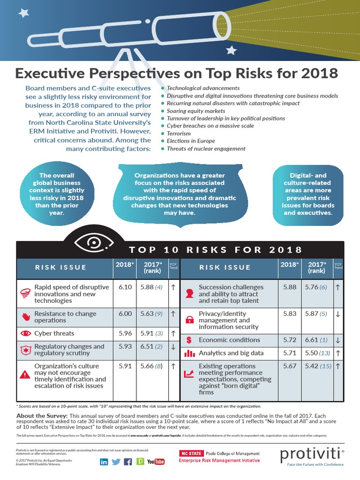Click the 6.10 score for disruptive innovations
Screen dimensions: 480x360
click(125, 287)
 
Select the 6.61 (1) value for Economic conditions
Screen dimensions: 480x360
click(317, 340)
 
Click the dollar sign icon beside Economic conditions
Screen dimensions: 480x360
click(189, 340)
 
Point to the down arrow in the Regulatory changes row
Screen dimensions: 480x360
click(173, 347)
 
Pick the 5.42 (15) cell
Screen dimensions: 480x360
click(317, 366)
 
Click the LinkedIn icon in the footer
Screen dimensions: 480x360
click(104, 462)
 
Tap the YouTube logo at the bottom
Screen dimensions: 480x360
click(156, 462)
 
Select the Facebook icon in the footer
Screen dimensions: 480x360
click(127, 462)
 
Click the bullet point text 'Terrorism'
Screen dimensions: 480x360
click(179, 134)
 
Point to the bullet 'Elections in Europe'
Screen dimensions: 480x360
click(191, 141)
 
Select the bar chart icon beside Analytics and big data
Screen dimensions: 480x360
click(189, 353)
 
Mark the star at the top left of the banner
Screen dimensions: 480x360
click(23, 13)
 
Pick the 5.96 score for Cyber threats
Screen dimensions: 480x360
click(125, 333)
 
